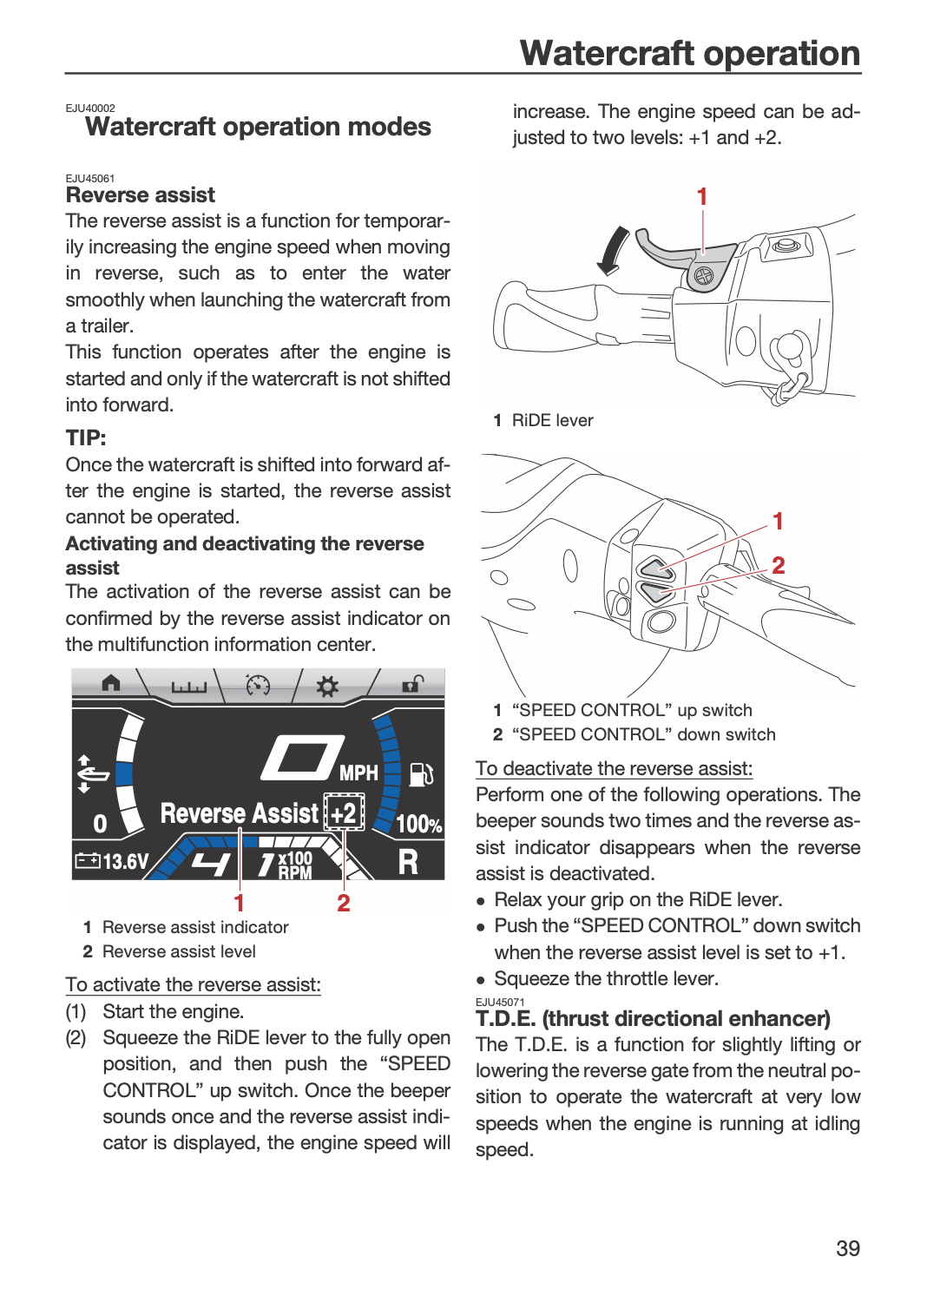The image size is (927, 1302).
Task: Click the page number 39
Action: pyautogui.click(x=848, y=1248)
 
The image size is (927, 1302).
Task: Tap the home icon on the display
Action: pyautogui.click(x=111, y=683)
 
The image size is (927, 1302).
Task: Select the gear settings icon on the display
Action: pyautogui.click(x=327, y=687)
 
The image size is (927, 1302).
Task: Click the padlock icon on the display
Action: pyautogui.click(x=412, y=684)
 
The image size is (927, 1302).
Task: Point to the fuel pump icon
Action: pyautogui.click(x=421, y=774)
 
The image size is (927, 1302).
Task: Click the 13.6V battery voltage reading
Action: pyautogui.click(x=112, y=860)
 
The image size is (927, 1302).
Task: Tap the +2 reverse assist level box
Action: pyautogui.click(x=344, y=812)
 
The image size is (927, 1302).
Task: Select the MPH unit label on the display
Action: pyautogui.click(x=358, y=773)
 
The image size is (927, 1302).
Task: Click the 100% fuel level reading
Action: pyautogui.click(x=419, y=825)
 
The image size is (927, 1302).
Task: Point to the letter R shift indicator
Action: pyautogui.click(x=408, y=862)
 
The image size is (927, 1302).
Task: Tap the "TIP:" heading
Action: pyautogui.click(x=86, y=437)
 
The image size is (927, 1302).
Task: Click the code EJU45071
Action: pyautogui.click(x=500, y=1002)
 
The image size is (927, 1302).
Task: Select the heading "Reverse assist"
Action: pyautogui.click(x=140, y=194)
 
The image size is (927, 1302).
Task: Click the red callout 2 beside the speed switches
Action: pyautogui.click(x=779, y=565)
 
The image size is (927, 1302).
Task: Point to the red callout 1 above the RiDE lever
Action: pyautogui.click(x=702, y=196)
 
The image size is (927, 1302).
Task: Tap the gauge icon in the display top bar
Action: pyautogui.click(x=258, y=685)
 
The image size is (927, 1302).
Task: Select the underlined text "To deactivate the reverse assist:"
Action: pyautogui.click(x=614, y=768)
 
